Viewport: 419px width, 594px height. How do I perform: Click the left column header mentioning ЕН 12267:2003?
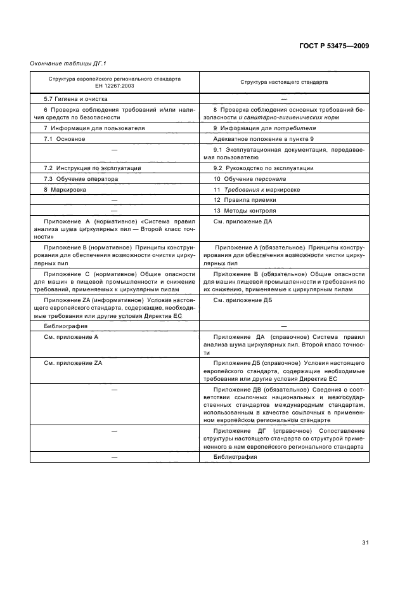coord(115,82)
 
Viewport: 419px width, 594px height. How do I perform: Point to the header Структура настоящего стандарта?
coord(283,82)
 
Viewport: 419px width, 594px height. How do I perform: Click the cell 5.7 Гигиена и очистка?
coord(75,99)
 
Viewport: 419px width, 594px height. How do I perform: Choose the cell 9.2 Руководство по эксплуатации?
coord(264,168)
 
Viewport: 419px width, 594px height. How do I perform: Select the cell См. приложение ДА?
coord(243,221)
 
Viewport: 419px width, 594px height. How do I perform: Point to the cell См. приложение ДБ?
coord(243,300)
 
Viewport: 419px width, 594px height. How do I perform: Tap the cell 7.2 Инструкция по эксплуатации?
coord(93,168)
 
